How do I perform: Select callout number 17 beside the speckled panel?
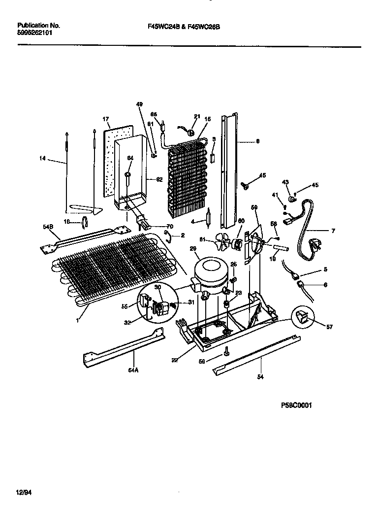click(105, 119)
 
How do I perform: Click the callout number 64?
click(130, 158)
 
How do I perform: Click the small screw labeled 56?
click(226, 352)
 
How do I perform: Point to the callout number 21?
click(197, 117)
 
